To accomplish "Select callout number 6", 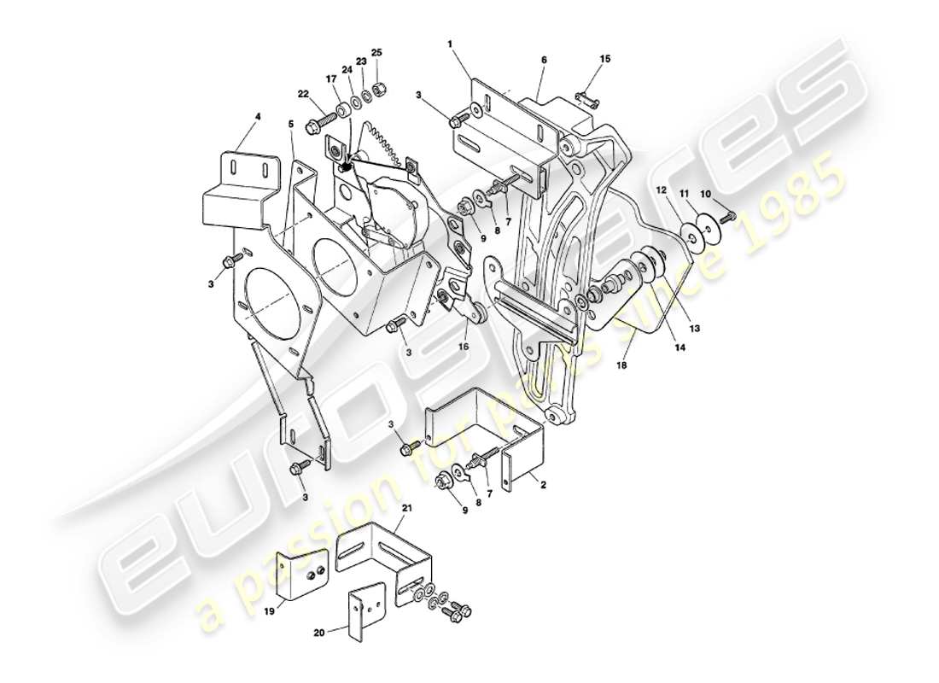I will coord(544,60).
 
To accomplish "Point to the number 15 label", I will coord(605,59).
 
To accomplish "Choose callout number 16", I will coord(464,347).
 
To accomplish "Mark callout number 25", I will coord(376,53).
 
